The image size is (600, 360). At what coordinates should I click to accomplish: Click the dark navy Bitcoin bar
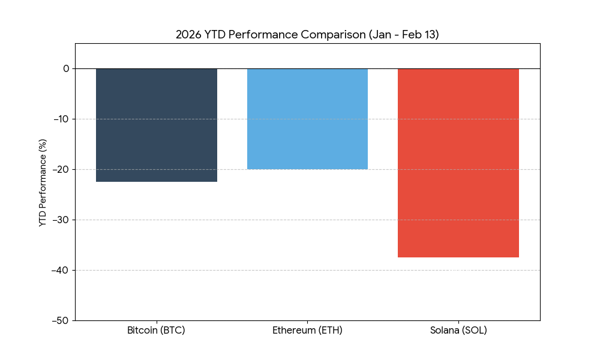(x=156, y=125)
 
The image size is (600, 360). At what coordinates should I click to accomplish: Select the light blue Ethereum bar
(x=307, y=119)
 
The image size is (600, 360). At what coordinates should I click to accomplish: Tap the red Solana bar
(x=458, y=163)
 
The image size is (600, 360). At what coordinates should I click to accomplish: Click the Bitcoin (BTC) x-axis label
(x=156, y=331)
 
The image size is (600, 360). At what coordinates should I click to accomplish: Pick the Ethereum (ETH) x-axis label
(x=307, y=331)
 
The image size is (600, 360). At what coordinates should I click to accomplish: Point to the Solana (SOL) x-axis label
(x=458, y=331)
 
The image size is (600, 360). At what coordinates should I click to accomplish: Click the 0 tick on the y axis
(x=65, y=68)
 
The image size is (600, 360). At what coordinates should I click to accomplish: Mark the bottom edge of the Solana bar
(x=458, y=257)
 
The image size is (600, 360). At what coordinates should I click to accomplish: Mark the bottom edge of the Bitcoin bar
(x=156, y=181)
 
